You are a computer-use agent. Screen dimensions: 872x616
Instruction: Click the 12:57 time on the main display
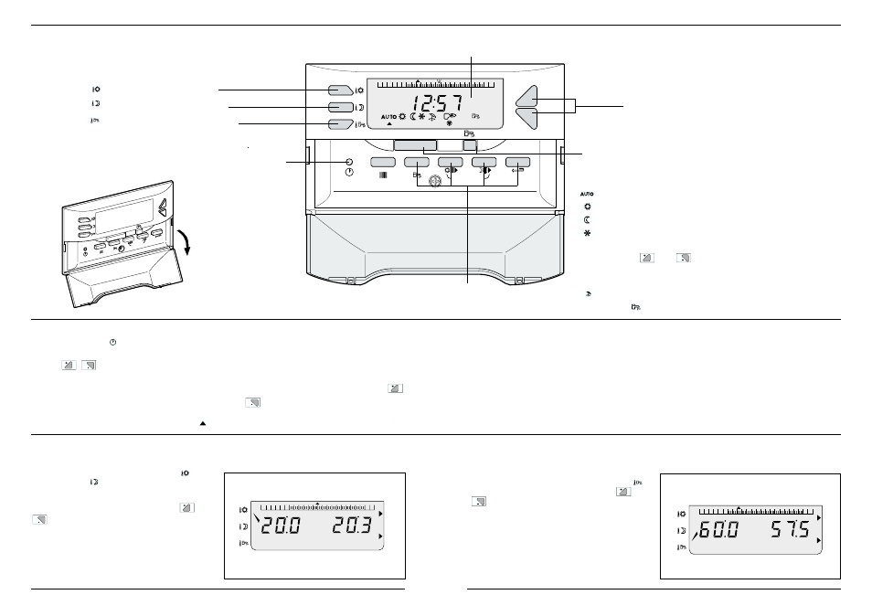(437, 103)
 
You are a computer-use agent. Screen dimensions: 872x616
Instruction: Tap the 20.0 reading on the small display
(281, 526)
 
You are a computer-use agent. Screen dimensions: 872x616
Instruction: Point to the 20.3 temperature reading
(352, 526)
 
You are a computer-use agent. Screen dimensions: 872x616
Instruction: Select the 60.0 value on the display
(718, 530)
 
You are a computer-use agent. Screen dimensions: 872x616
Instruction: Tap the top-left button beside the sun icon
(340, 90)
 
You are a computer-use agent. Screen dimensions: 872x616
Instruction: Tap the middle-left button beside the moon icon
(340, 107)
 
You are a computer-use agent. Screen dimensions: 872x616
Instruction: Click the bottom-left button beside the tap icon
(340, 124)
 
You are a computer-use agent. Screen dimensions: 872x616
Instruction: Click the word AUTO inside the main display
(388, 117)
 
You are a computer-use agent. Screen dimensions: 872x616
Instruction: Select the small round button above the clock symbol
(349, 163)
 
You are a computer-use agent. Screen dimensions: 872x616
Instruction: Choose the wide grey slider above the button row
(415, 145)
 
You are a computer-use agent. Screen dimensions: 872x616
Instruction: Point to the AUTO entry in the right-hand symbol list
(587, 194)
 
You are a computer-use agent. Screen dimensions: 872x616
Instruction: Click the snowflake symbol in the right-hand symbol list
(587, 233)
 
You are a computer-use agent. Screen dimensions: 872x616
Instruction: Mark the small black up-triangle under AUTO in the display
(389, 124)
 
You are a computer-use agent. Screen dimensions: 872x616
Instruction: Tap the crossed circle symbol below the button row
(435, 181)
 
